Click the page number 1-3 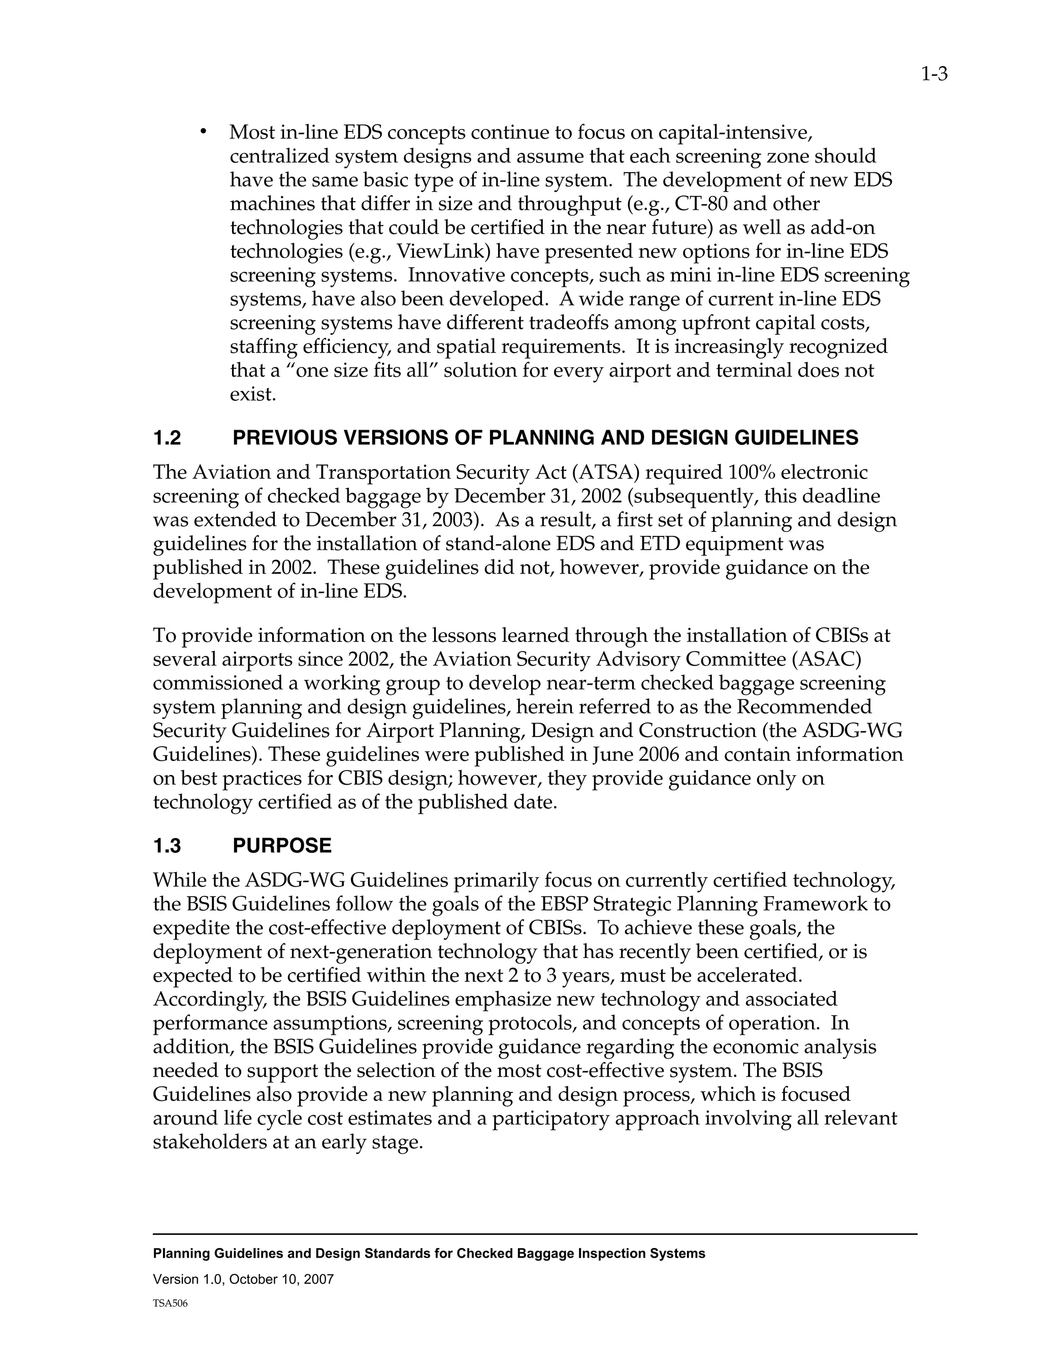click(934, 75)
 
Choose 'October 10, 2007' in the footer click(281, 1279)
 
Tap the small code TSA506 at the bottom click(170, 1303)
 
